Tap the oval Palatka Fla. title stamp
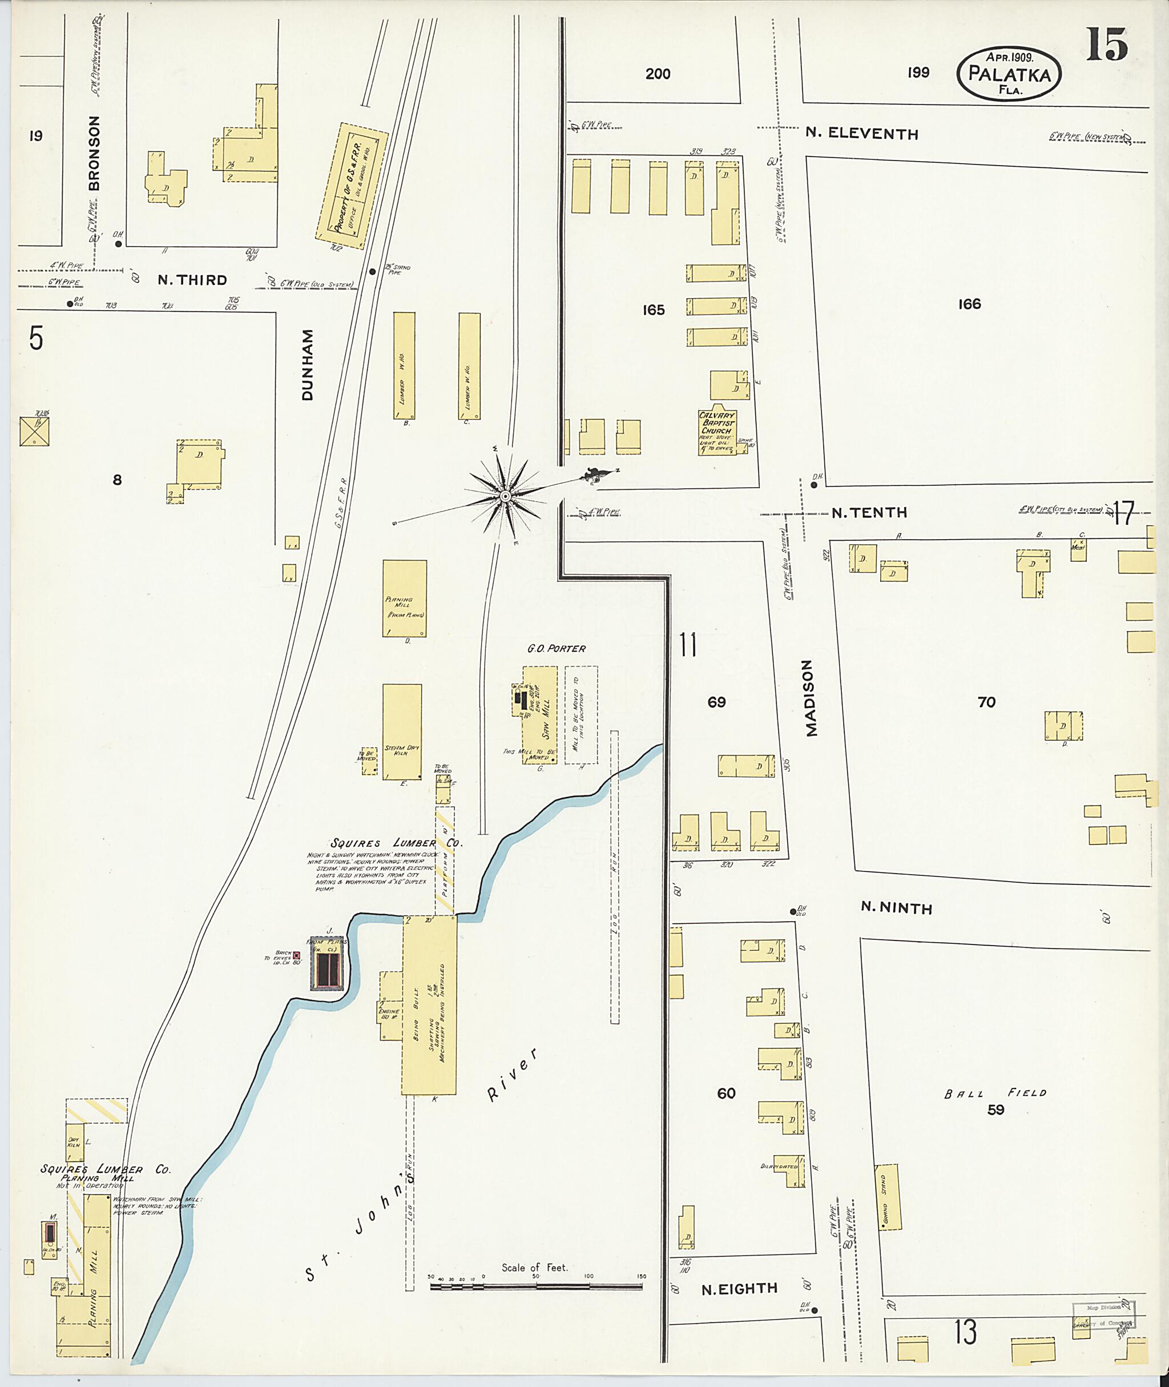point(1008,74)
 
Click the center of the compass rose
point(505,496)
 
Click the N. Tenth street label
point(869,513)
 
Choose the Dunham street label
point(308,365)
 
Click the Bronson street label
point(94,153)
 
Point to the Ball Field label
point(995,1092)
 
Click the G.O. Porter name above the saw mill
point(556,649)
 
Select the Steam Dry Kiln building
point(402,732)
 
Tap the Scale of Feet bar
point(536,1287)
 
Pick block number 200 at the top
point(658,74)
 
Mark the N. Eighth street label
point(739,1288)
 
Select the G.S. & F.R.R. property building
point(352,186)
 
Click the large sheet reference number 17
point(1124,513)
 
